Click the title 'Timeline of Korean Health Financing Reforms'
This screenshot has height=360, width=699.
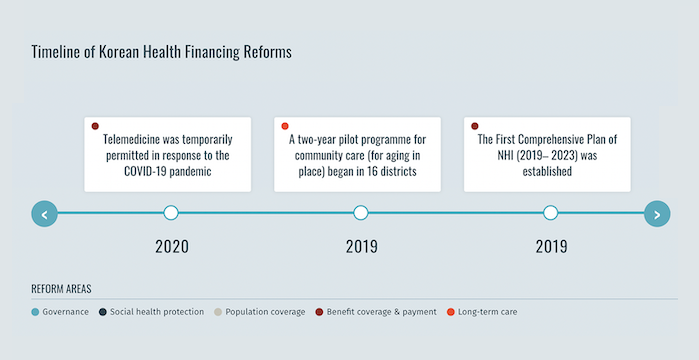point(161,52)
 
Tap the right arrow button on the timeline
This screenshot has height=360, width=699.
point(656,213)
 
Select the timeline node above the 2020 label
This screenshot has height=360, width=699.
point(171,213)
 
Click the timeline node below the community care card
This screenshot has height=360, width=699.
point(361,213)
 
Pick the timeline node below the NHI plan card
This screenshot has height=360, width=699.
point(550,213)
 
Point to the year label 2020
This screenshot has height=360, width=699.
point(171,246)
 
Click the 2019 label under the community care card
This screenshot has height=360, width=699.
point(361,246)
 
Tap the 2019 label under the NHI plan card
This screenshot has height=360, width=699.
point(550,246)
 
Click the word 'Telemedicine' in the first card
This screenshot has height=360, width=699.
point(136,140)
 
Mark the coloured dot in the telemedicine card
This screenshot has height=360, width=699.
point(95,126)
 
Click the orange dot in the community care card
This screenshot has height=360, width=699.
point(285,126)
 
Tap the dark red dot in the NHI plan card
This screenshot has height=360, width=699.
point(475,126)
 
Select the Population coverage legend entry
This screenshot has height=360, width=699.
point(259,312)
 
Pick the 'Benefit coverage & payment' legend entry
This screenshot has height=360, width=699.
point(376,312)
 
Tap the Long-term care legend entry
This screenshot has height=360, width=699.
point(483,312)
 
